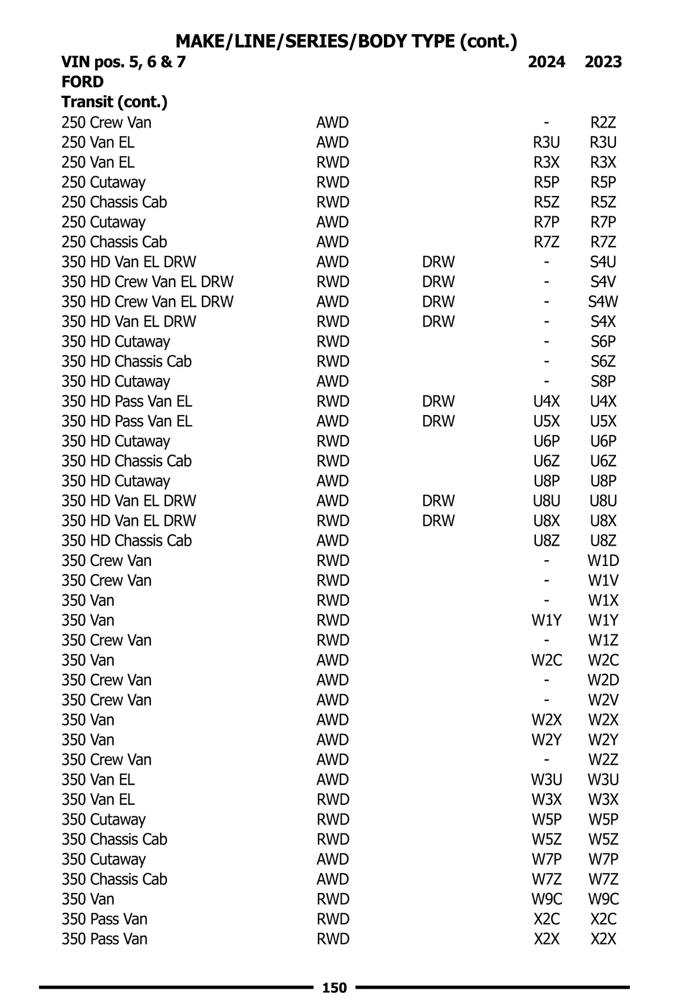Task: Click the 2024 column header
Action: pyautogui.click(x=546, y=62)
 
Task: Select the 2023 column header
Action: pyautogui.click(x=603, y=62)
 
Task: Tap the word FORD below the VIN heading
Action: pyautogui.click(x=82, y=82)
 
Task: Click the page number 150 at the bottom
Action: pyautogui.click(x=334, y=988)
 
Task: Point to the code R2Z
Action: pyautogui.click(x=603, y=123)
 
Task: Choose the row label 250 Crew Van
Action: pyautogui.click(x=106, y=123)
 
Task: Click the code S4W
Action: pyautogui.click(x=603, y=302)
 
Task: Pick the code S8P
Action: pyautogui.click(x=603, y=382)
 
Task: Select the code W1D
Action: pyautogui.click(x=603, y=561)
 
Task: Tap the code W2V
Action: pyautogui.click(x=603, y=700)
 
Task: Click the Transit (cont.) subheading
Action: pyautogui.click(x=114, y=103)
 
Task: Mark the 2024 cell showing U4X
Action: pyautogui.click(x=546, y=401)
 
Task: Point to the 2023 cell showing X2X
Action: pyautogui.click(x=603, y=939)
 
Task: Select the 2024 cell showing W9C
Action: pyautogui.click(x=546, y=899)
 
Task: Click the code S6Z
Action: pyautogui.click(x=603, y=362)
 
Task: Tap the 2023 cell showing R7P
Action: pyautogui.click(x=603, y=222)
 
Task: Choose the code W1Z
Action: pyautogui.click(x=603, y=641)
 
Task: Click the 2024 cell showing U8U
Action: pyautogui.click(x=546, y=501)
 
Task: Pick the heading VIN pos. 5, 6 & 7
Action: pyautogui.click(x=124, y=62)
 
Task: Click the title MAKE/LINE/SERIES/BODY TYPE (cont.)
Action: pyautogui.click(x=346, y=42)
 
